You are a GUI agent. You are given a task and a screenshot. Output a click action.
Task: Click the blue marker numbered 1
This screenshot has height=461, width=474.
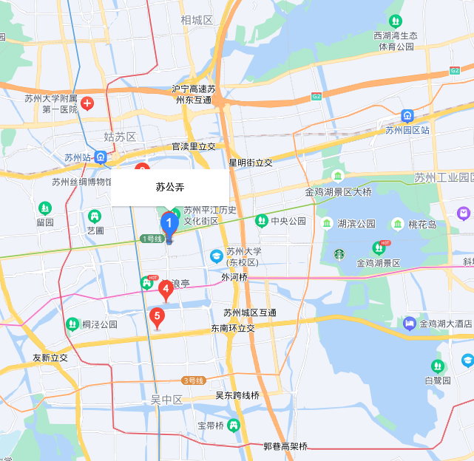click(169, 222)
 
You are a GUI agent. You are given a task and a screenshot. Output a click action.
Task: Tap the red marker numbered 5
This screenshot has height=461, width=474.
click(157, 316)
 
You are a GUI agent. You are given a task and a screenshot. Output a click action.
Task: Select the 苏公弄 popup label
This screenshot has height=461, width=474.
click(169, 188)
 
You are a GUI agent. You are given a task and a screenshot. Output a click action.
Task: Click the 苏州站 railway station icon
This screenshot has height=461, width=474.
click(101, 157)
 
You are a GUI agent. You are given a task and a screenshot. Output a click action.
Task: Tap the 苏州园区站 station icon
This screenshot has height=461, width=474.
click(407, 116)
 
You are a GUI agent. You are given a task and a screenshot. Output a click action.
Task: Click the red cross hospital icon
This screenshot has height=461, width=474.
click(87, 103)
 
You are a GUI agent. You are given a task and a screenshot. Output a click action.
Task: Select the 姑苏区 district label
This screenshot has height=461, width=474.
click(120, 137)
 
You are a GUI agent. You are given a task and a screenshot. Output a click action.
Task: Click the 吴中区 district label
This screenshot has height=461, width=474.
click(166, 399)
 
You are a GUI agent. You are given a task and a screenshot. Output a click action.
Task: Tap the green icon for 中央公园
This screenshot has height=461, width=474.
click(261, 220)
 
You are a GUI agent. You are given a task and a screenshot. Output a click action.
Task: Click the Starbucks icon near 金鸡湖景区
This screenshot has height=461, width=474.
click(339, 253)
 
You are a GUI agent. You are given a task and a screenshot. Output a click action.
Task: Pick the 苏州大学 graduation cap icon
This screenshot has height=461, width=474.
click(217, 256)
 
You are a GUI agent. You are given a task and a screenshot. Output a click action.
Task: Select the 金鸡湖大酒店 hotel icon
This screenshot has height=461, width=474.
click(409, 323)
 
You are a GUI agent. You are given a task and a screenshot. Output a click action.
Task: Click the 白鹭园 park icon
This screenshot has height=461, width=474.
click(438, 366)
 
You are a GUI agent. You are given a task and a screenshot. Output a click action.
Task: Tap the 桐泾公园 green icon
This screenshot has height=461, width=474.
click(72, 324)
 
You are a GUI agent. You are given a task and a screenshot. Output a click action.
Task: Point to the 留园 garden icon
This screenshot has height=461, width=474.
click(45, 208)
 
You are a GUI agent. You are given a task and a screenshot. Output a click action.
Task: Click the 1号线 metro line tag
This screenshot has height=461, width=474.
click(151, 239)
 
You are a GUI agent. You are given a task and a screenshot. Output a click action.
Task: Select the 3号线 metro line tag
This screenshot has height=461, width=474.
click(192, 380)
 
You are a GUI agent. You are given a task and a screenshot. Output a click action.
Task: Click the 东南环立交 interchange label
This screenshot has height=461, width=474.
click(233, 328)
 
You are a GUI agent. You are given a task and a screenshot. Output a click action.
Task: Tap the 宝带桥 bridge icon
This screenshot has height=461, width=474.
click(234, 425)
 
